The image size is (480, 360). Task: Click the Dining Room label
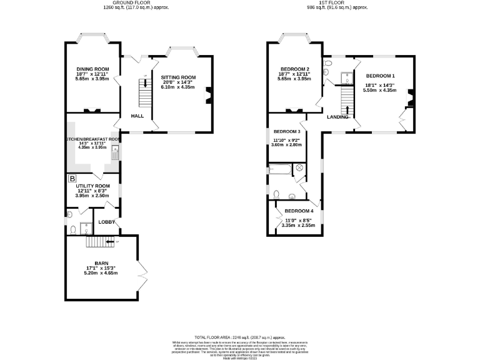click(x=92, y=69)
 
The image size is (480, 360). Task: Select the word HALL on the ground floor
click(x=137, y=116)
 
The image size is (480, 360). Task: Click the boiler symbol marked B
click(x=71, y=178)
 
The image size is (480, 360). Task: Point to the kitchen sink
click(x=114, y=150)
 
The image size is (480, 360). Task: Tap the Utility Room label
click(x=92, y=186)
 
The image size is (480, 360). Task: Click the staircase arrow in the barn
click(x=111, y=241)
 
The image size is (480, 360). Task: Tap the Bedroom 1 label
click(x=380, y=76)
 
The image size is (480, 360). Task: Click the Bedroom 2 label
click(x=295, y=69)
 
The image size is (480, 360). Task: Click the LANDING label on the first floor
click(x=338, y=116)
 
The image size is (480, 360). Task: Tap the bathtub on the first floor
click(x=279, y=169)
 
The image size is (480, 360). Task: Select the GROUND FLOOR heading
click(x=119, y=3)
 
